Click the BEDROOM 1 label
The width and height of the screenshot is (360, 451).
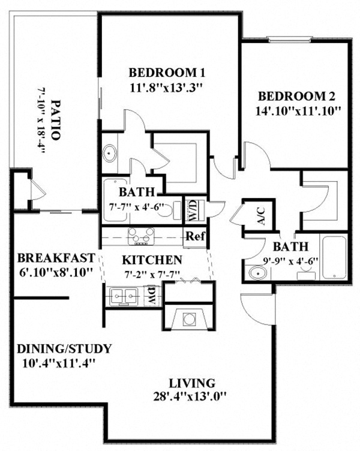167,73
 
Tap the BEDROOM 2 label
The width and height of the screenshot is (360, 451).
296,96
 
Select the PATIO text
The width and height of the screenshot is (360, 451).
56,119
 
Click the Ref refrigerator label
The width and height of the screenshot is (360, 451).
195,236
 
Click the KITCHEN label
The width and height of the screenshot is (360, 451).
152,260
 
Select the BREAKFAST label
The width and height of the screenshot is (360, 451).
55,258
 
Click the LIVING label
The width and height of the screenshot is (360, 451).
192,383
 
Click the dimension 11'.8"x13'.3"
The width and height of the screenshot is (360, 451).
167,88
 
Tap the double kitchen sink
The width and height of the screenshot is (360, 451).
124,295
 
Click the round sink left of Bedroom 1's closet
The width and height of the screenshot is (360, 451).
110,152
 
